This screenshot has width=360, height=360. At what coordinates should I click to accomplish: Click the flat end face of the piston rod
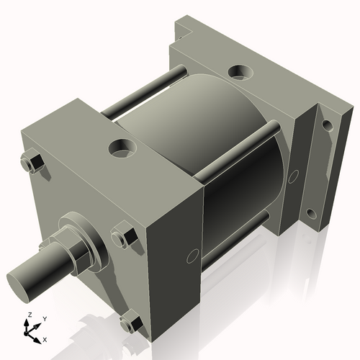tap(22, 277)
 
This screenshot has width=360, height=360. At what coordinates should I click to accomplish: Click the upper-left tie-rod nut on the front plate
tap(32, 163)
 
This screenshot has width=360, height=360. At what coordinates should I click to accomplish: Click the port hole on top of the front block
tap(124, 148)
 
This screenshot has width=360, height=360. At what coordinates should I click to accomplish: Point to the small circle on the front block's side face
tap(192, 254)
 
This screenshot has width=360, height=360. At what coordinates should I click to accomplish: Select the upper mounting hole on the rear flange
tap(326, 125)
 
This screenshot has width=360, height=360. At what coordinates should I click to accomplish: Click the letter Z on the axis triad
tap(29, 315)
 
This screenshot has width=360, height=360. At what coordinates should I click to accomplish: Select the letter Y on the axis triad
tap(44, 318)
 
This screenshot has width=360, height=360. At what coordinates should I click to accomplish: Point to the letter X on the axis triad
tap(45, 338)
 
